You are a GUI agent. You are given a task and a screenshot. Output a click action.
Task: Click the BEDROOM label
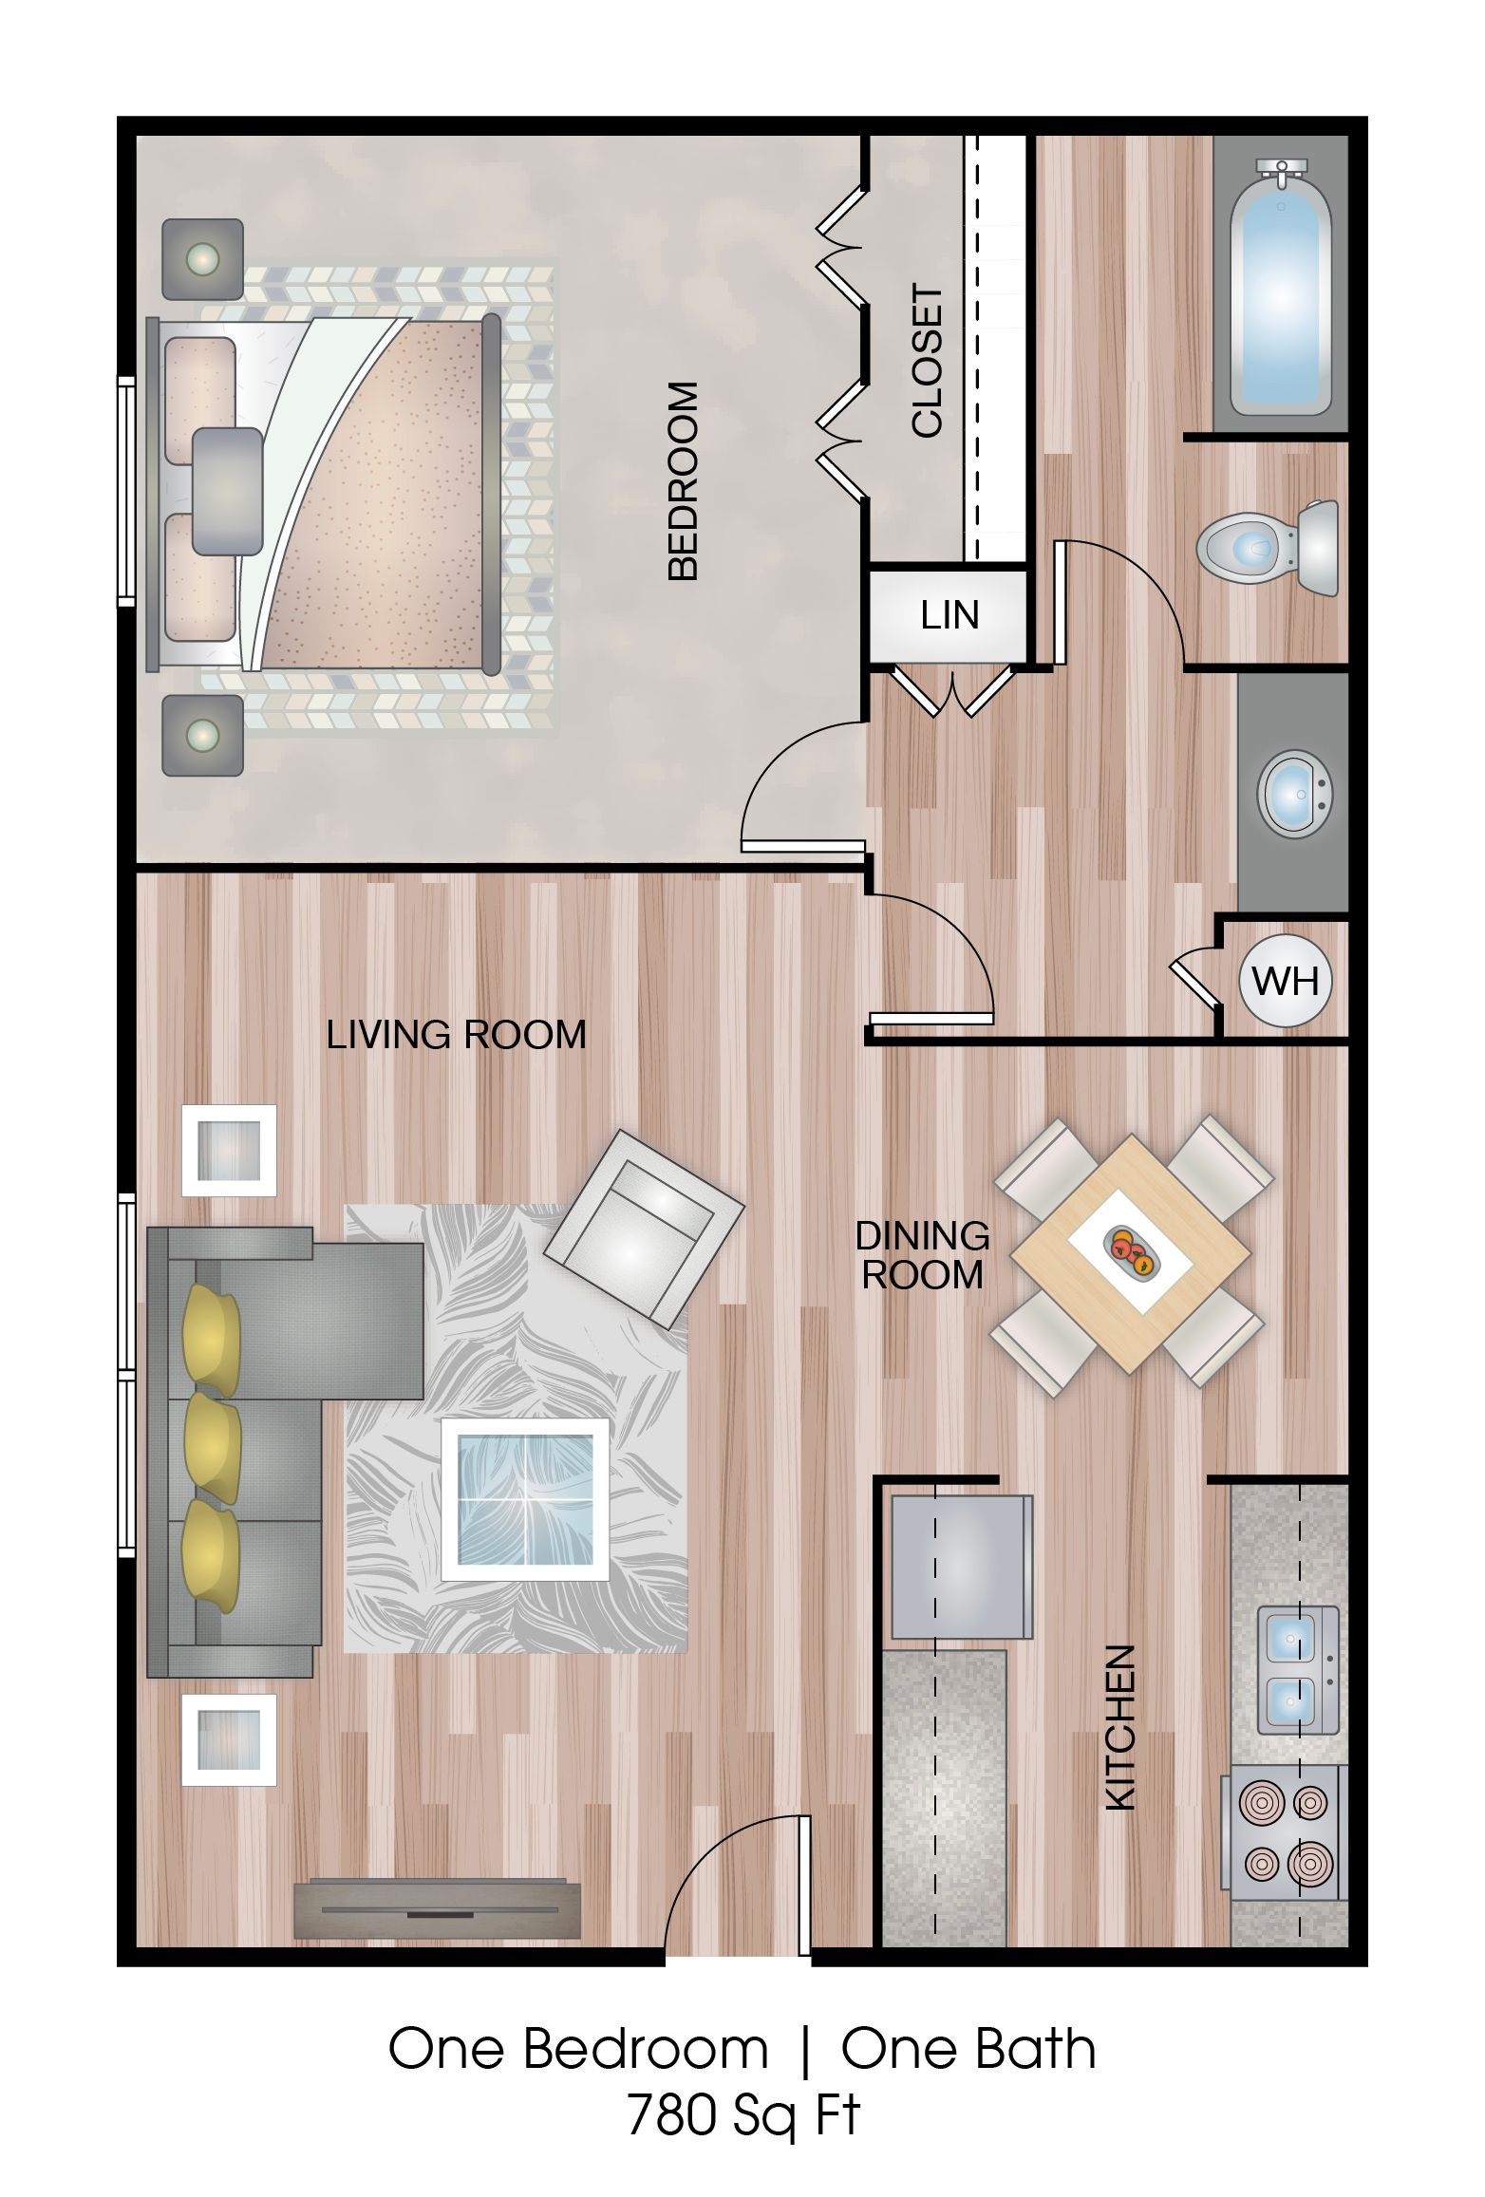(x=684, y=480)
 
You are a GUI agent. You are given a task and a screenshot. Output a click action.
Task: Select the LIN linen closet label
(x=949, y=615)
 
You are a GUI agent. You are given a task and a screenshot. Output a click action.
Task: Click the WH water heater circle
(x=1286, y=980)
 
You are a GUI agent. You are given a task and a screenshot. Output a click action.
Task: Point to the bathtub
(x=1281, y=288)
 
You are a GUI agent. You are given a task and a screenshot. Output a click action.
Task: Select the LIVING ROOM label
(x=456, y=1035)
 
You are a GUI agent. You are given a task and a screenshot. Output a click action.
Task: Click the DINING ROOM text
(x=922, y=1255)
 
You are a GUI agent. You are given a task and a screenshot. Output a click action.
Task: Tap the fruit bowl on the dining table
(x=1129, y=1250)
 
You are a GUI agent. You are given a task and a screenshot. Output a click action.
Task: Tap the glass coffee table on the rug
(x=525, y=1499)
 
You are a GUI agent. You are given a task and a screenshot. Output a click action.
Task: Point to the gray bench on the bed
(x=227, y=491)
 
